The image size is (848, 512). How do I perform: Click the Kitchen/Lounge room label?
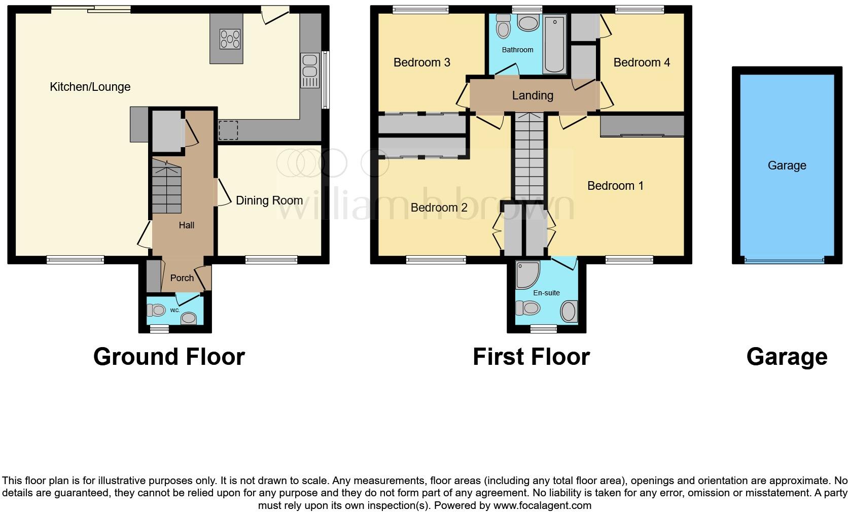point(90,87)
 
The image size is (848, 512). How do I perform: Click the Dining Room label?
point(269,200)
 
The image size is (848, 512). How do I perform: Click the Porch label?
point(182,278)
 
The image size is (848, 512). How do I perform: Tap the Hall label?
point(186,225)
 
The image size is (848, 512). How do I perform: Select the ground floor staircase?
point(166,187)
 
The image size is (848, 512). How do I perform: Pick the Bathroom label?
point(517,50)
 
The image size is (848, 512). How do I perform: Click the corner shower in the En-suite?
point(524,274)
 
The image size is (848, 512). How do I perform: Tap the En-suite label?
point(546,293)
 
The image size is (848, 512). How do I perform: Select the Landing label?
point(532,95)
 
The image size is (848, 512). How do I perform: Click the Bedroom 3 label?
point(421,62)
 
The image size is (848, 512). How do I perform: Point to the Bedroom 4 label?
point(641,62)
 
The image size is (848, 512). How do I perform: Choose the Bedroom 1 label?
point(615,186)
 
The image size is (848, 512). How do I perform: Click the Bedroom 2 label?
point(439,208)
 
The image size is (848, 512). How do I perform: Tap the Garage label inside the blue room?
point(787,165)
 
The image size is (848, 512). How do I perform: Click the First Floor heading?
point(531,357)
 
